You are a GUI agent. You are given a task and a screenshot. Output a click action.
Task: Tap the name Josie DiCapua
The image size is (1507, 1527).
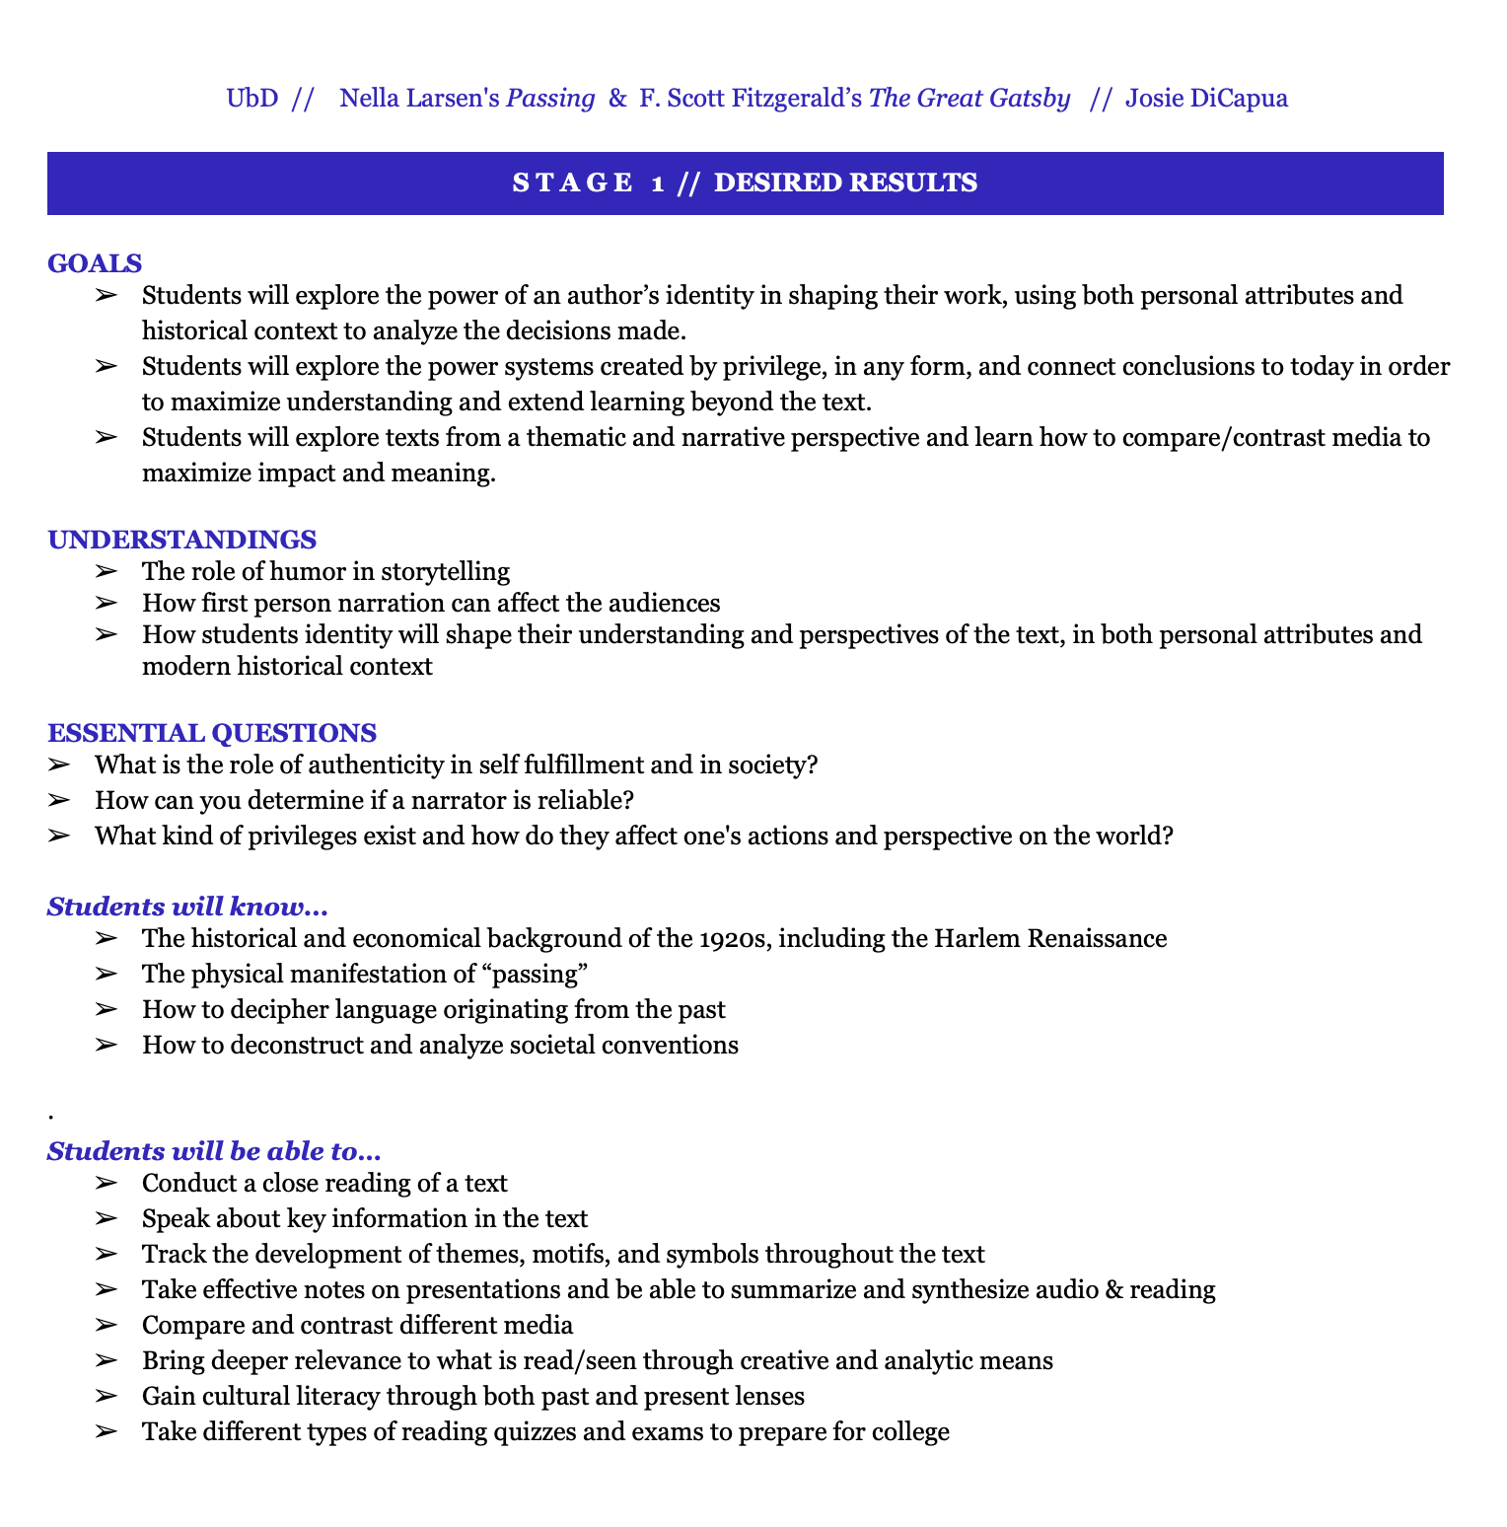[1206, 99]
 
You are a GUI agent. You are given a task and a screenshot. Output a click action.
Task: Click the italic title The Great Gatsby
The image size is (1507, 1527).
[969, 99]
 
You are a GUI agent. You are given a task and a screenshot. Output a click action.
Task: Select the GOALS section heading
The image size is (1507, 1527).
[95, 263]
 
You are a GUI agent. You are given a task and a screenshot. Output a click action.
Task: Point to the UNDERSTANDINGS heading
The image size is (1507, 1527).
[181, 540]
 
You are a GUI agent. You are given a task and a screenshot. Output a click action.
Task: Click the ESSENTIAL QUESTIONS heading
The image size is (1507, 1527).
[211, 733]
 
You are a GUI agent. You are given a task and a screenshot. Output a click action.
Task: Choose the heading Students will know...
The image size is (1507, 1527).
[187, 907]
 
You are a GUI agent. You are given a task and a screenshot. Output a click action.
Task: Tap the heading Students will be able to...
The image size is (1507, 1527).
[214, 1151]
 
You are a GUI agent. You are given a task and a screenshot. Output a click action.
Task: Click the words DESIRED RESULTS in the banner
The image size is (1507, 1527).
[845, 182]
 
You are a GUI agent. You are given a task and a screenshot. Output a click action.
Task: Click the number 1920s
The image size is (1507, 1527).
[735, 938]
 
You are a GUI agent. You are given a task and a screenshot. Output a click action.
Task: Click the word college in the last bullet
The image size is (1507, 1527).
[910, 1431]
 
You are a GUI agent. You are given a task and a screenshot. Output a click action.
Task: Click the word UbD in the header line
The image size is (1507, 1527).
[252, 99]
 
